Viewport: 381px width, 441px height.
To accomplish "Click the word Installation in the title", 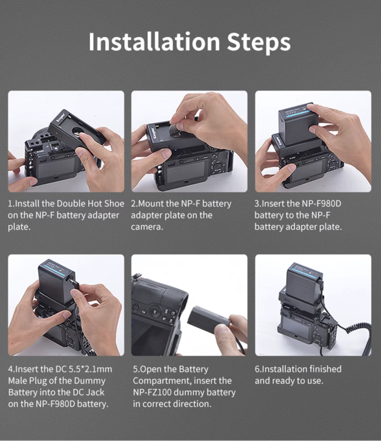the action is coord(154,42).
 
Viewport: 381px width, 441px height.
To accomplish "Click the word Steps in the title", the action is coord(259,43).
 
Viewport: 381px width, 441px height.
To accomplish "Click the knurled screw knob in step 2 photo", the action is coord(175,131).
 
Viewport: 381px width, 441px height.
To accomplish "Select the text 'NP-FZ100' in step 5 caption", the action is coord(153,392).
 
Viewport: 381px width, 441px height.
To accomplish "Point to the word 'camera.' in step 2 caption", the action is coord(147,227).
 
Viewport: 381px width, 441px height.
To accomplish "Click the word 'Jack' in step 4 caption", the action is coord(95,392).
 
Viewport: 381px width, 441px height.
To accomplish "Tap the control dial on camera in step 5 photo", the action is coord(154,311).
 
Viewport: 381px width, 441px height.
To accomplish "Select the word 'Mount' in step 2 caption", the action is coord(153,203).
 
